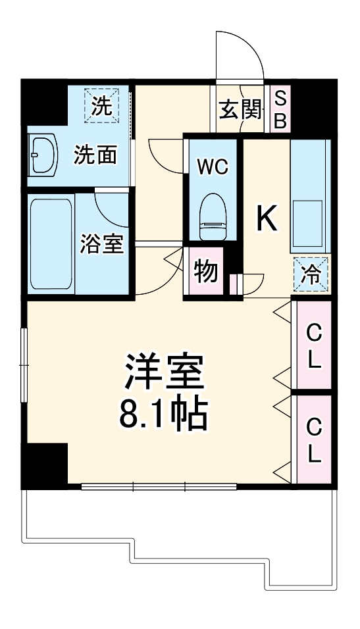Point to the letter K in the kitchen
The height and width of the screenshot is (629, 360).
[x=266, y=218]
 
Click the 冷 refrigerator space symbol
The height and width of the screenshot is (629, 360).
[x=309, y=273]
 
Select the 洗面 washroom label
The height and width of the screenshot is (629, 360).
[x=95, y=155]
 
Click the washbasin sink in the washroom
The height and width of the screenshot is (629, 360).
[x=44, y=155]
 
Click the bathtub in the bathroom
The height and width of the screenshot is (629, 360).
[x=51, y=242]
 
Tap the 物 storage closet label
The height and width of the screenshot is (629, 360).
[x=206, y=271]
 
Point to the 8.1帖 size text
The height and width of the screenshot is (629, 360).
[x=164, y=413]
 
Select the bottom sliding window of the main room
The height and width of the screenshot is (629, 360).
[x=159, y=487]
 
